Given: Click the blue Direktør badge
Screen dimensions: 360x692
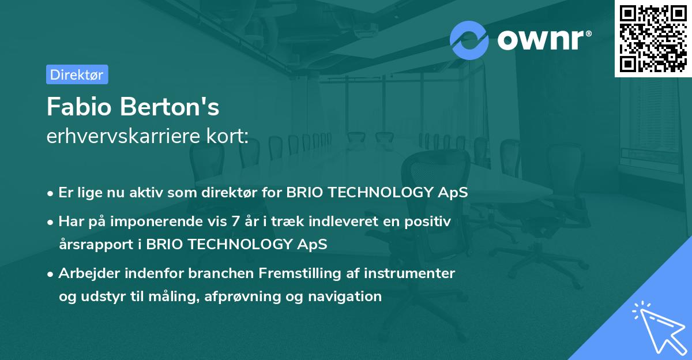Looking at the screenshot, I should tap(77, 74).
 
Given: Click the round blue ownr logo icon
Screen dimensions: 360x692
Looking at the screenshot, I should tap(469, 40).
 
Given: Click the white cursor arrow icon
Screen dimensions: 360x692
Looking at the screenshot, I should tap(658, 328).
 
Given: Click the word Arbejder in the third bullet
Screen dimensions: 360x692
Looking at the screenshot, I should tap(85, 273).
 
